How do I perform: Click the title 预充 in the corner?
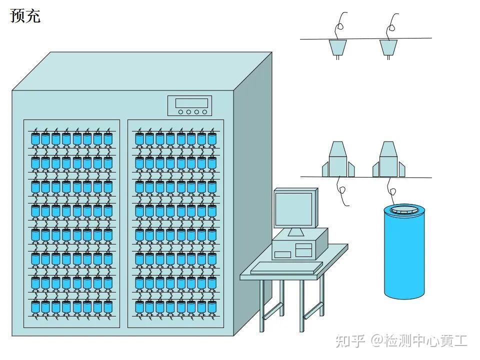[25, 16]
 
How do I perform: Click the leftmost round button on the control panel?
[180, 112]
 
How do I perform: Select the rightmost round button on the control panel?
[204, 112]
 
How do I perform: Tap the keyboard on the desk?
[286, 268]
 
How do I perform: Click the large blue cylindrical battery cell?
[404, 252]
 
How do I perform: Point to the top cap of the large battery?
[404, 210]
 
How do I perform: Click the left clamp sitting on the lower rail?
[338, 159]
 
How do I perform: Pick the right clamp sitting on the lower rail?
[388, 159]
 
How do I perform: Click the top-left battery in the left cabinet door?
[35, 138]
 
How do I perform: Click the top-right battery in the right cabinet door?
[212, 138]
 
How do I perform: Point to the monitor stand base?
[296, 232]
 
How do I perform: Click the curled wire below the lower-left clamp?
[342, 191]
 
